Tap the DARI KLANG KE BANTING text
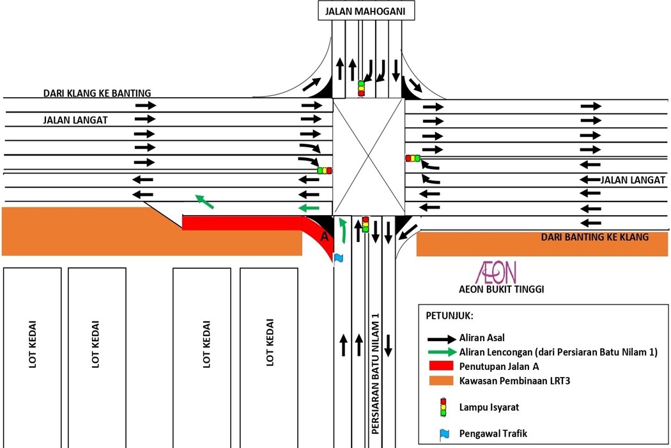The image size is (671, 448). click(97, 93)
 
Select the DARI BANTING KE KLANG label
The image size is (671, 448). click(594, 237)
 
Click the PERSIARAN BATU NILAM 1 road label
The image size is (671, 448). click(376, 374)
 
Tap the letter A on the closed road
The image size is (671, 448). click(324, 237)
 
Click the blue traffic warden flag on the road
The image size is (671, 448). click(338, 257)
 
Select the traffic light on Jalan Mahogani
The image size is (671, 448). click(361, 88)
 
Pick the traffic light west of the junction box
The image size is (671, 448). click(325, 171)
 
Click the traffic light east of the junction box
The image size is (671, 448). click(413, 158)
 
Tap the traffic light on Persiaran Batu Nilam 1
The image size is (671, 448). click(366, 224)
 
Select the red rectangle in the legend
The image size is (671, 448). click(438, 367)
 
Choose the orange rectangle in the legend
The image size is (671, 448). click(438, 381)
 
